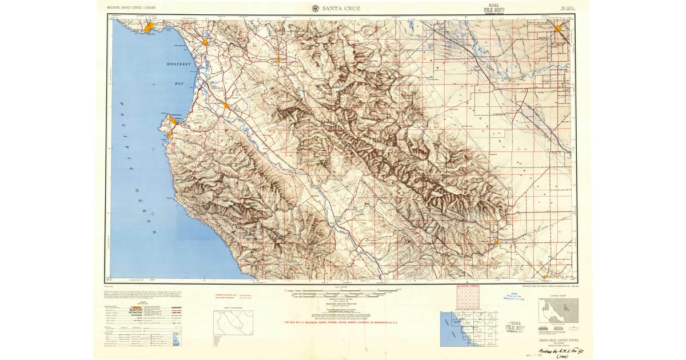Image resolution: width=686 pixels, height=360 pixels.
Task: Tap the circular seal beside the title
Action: click(315, 8)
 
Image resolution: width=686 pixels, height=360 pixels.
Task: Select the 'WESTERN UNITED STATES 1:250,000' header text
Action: click(131, 7)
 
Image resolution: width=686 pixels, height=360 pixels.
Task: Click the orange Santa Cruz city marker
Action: click(150, 27)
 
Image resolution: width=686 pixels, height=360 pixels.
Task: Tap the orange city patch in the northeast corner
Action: click(559, 27)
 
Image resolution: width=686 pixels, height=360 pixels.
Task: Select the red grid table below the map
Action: click(467, 298)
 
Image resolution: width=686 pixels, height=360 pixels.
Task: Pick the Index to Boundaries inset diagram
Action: click(233, 323)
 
